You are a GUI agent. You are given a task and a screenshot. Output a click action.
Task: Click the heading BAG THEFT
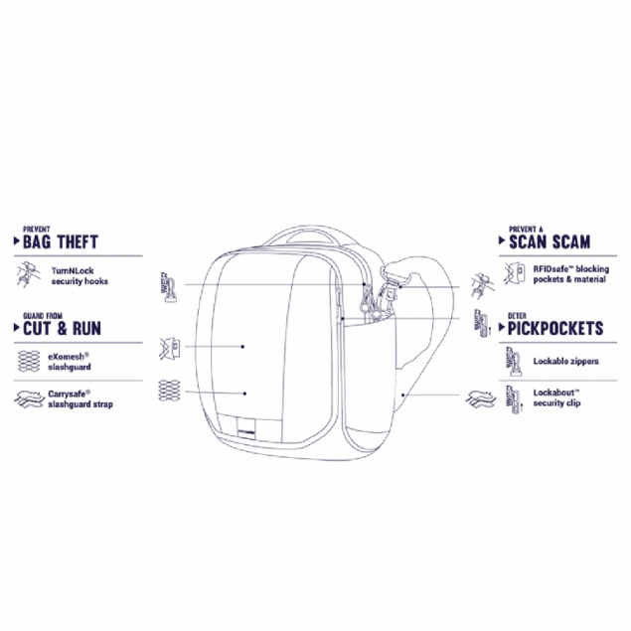point(61,241)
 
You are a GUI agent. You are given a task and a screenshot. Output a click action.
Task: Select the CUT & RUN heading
point(62,328)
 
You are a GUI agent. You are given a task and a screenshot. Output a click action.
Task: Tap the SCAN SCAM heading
point(550,241)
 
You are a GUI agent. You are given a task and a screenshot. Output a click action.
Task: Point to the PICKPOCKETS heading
point(555,328)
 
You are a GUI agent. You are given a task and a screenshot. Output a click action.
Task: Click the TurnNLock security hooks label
point(79,276)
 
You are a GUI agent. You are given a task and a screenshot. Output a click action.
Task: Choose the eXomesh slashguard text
point(70,362)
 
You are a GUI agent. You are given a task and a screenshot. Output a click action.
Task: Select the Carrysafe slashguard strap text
point(80,399)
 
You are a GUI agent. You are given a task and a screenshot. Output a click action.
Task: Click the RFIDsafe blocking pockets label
point(571,274)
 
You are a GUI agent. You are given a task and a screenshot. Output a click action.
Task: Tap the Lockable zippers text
point(565,361)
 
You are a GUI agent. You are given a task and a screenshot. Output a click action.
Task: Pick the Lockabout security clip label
point(556,398)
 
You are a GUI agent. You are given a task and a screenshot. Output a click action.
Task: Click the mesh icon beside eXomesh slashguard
point(29,361)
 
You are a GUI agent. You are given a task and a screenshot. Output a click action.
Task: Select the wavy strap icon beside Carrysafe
point(29,399)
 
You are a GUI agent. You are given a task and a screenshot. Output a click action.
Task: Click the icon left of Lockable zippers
point(514,362)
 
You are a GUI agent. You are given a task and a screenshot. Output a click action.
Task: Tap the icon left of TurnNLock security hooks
point(28,274)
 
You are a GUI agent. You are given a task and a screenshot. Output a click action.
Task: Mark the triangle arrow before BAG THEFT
point(17,241)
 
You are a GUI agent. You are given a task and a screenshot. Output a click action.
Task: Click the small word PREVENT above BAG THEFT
point(36,230)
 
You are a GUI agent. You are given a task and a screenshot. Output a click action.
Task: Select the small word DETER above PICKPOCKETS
point(517,316)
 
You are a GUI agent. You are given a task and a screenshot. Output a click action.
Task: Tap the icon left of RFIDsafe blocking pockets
point(515,273)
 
